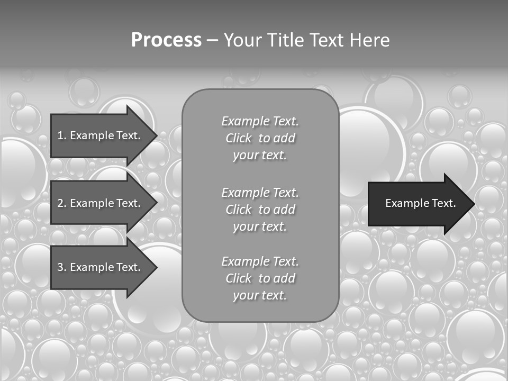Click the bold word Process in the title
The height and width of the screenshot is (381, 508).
click(x=166, y=40)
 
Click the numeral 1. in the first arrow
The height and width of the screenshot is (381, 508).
click(x=61, y=135)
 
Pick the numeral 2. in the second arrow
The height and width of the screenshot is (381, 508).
click(x=61, y=203)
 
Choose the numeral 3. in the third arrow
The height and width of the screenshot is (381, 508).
click(x=61, y=267)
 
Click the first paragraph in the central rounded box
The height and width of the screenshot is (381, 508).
click(x=260, y=138)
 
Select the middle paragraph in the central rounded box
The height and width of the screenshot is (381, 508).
click(x=260, y=209)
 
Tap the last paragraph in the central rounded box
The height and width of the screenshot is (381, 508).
click(x=260, y=278)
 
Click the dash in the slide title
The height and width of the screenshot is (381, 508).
click(x=212, y=40)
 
